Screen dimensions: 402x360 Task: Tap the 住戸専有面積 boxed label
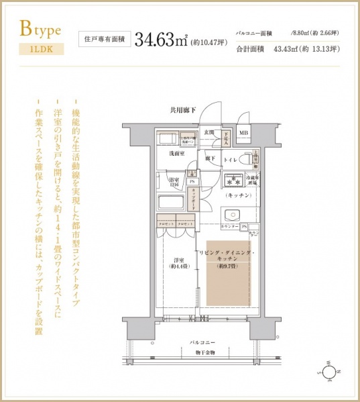pos(103,39)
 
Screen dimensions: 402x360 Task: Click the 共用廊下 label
pos(182,110)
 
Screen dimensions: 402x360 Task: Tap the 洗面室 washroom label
pos(177,154)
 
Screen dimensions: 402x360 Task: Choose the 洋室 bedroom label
pos(177,262)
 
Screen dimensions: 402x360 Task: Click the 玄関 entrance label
pos(210,132)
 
